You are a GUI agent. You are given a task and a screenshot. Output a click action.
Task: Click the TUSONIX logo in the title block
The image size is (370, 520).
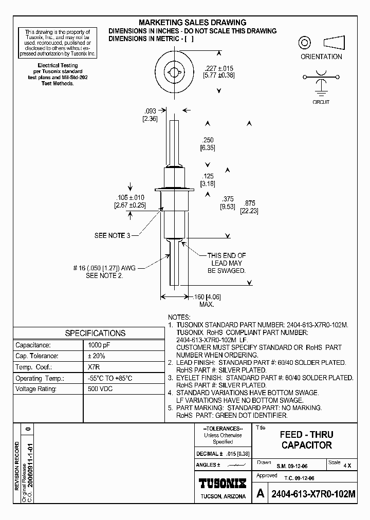tap(223, 483)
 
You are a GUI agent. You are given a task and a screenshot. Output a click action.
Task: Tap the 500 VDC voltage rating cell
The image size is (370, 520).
tap(101, 389)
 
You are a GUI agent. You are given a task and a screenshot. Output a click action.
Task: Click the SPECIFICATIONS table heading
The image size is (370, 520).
tap(95, 333)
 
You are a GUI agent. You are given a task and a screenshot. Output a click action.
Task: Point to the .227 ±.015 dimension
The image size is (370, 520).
tap(218, 68)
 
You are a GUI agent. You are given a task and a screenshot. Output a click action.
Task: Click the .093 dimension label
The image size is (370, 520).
tap(150, 111)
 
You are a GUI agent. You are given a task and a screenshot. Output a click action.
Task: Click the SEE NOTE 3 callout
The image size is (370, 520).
tap(109, 235)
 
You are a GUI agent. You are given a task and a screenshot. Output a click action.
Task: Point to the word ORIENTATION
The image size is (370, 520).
tap(321, 57)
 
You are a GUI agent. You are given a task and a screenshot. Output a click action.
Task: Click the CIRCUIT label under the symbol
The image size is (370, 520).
tap(321, 102)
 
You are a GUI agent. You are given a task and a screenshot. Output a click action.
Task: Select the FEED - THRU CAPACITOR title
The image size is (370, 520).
tap(306, 440)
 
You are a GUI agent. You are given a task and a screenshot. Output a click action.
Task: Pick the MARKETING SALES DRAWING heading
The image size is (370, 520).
tap(193, 23)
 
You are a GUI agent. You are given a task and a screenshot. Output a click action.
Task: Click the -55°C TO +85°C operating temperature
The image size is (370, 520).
tap(110, 378)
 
